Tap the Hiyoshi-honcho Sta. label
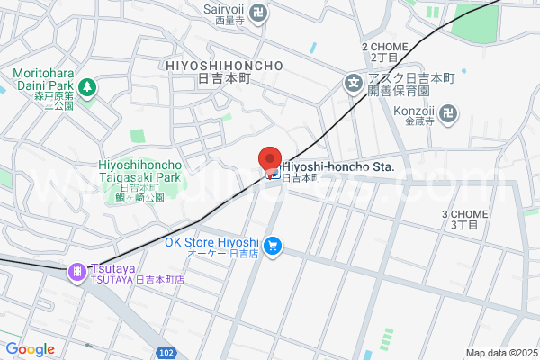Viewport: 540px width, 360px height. pos(337,166)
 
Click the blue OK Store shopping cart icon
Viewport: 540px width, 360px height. pos(274,245)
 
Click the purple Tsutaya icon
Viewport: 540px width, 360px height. pos(78,269)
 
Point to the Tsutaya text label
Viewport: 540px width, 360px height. pos(108,269)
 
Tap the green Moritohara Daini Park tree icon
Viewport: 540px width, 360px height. pos(88,87)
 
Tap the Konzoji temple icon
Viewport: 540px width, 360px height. pos(450,114)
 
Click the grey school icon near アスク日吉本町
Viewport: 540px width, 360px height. pos(354,86)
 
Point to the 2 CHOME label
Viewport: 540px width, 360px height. pos(384,46)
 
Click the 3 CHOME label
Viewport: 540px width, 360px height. pos(464,214)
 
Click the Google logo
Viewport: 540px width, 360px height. pos(30,349)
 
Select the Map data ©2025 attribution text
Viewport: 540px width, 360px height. pos(500,352)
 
